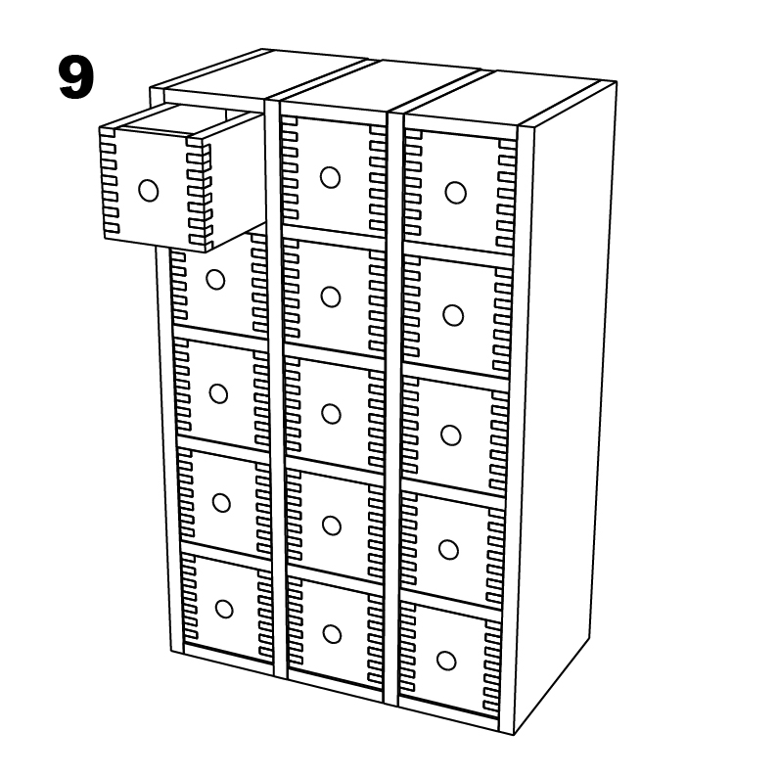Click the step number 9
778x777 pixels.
pos(75,77)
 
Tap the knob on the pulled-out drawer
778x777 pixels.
pos(148,191)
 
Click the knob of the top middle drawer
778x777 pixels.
pos(330,177)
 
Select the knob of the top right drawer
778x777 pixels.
pos(455,193)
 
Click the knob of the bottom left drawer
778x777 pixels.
pos(224,609)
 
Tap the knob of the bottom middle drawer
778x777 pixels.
pos(333,634)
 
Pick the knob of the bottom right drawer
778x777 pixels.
pos(446,661)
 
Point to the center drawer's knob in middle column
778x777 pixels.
pos(331,414)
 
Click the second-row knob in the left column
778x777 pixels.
pos(215,280)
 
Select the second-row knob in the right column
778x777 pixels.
pos(452,315)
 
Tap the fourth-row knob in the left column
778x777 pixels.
pos(221,502)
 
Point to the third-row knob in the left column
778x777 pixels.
pos(218,393)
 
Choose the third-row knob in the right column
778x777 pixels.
pos(450,434)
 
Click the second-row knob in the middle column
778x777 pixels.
pos(330,297)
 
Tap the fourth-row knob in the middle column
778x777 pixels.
pos(332,526)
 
